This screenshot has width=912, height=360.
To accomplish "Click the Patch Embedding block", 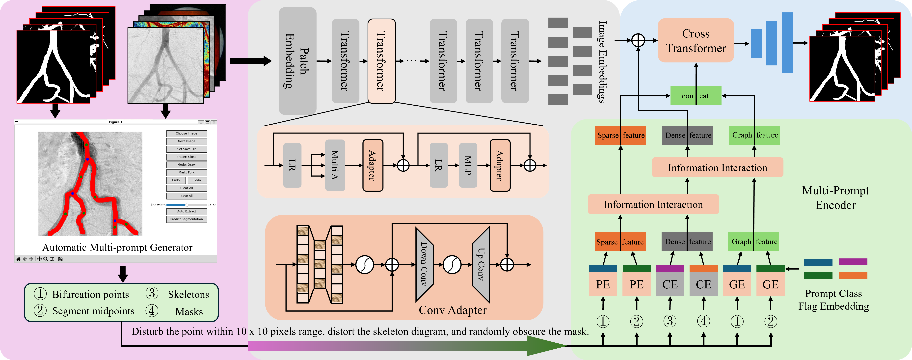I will pyautogui.click(x=297, y=61).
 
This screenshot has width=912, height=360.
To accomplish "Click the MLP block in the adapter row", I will pyautogui.click(x=468, y=165).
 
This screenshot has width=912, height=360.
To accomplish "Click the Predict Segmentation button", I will pyautogui.click(x=187, y=219).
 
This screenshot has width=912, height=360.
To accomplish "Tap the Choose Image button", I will pyautogui.click(x=187, y=134).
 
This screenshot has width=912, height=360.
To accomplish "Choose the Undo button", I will pyautogui.click(x=176, y=180).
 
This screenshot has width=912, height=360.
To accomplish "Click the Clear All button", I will pyautogui.click(x=187, y=188).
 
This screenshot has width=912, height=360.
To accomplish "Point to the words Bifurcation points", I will pyautogui.click(x=91, y=295).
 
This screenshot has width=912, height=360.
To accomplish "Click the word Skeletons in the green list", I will pyautogui.click(x=188, y=295).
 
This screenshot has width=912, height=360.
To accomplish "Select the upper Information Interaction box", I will pyautogui.click(x=717, y=168).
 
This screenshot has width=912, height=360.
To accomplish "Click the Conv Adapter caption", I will pyautogui.click(x=453, y=310).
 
